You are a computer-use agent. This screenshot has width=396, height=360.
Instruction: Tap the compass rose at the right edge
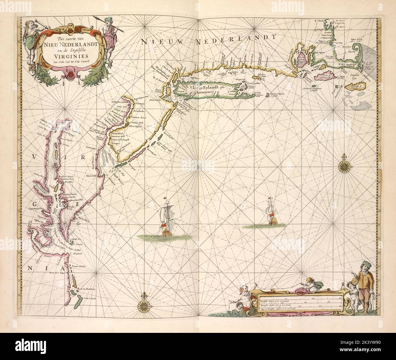click(x=345, y=166)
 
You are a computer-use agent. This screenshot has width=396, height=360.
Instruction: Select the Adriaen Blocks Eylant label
click(x=278, y=94)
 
